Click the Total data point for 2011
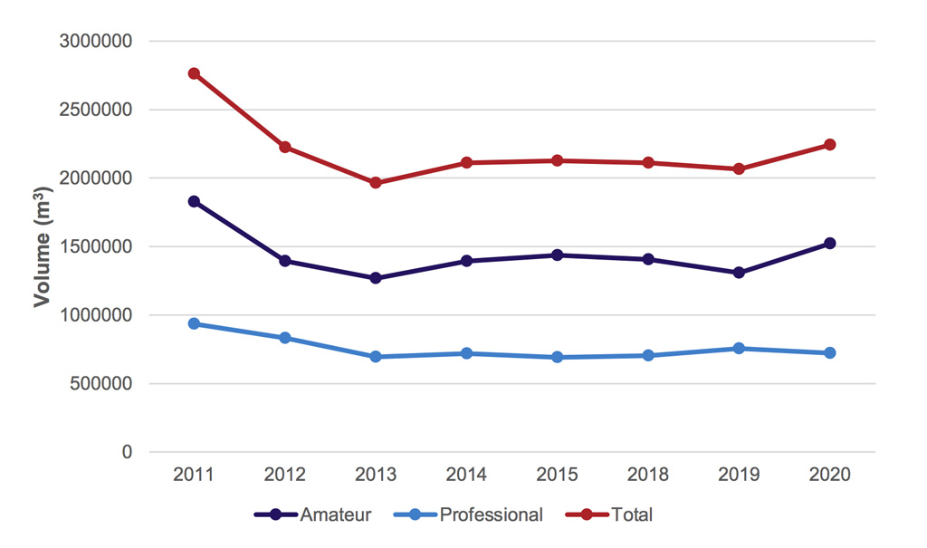[x=194, y=73]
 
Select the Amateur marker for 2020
[x=829, y=244]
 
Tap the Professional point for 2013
[x=376, y=357]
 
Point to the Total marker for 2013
[x=376, y=183]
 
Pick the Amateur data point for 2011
[x=194, y=201]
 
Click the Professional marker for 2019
[x=739, y=348]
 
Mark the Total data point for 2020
[x=829, y=145]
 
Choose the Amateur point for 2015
[x=558, y=255]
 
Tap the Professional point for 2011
[x=194, y=323]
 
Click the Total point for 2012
[x=285, y=147]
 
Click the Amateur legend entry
[x=312, y=515]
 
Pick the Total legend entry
[x=609, y=515]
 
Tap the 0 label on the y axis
[x=127, y=452]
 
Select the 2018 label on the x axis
[x=648, y=476]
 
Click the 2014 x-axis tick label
[x=466, y=476]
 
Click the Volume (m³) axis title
[x=42, y=246]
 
